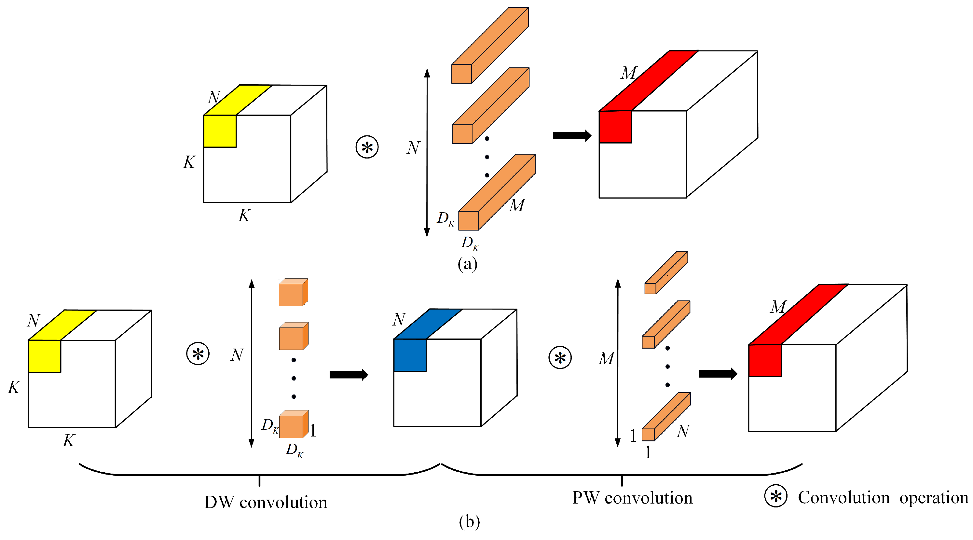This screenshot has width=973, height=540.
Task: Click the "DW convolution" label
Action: point(266,503)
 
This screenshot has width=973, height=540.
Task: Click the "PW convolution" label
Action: point(632,498)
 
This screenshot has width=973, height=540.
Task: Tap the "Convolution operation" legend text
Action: point(883,498)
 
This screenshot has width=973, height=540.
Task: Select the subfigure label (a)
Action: point(467,263)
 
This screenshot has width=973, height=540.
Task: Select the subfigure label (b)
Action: point(469,521)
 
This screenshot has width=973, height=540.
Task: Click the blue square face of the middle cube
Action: point(410,355)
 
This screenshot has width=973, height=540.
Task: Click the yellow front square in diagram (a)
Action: point(220,131)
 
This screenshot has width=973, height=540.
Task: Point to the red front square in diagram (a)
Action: point(615,127)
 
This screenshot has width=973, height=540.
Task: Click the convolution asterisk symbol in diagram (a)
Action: point(367,147)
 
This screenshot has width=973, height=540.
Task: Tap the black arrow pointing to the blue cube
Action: point(348,375)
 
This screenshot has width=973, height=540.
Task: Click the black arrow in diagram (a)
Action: point(571,135)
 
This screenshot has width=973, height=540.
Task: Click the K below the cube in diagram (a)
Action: point(244,216)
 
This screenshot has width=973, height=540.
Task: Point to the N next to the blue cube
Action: point(399,320)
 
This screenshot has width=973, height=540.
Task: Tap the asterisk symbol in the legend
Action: point(775,496)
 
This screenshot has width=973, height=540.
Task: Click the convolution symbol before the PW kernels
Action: point(560,357)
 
